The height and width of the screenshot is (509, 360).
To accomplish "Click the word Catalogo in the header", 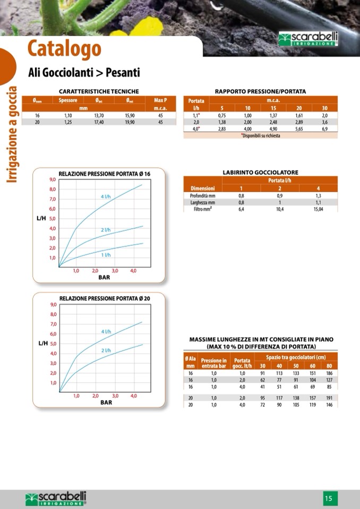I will coord(64,49).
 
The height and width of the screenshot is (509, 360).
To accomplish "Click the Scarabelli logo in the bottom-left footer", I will coord(56,498).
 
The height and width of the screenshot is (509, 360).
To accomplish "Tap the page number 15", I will coord(329,498).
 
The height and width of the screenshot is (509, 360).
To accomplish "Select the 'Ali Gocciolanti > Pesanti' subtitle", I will coord(83,72).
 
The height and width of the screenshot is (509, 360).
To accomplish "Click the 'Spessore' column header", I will coord(68,100).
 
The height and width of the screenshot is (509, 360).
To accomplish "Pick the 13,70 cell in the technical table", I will coord(99,115).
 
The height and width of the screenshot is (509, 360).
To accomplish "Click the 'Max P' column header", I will coord(160,100).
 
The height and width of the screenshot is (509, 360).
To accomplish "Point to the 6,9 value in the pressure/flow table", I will coord(324,129).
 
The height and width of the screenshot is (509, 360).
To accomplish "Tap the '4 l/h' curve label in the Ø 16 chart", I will coord(106,197).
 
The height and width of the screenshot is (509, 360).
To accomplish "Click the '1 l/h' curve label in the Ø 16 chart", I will coord(106,255).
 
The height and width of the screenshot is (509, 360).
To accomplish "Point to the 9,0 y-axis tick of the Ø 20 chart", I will coord(53,305).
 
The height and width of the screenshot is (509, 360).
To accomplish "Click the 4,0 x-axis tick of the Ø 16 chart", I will coord(133,271).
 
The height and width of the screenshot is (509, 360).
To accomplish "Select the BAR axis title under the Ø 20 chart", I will coord(106,402).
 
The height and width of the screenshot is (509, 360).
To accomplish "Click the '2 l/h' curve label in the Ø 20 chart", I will coord(106,350).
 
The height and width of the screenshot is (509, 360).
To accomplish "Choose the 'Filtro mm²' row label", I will coord(203,209).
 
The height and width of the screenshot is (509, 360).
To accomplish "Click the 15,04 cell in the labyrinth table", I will coord(318,209).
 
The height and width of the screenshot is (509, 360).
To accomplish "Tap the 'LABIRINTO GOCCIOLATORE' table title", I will coord(260,172).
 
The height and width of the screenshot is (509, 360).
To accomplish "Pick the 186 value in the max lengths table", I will coord(329,374).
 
